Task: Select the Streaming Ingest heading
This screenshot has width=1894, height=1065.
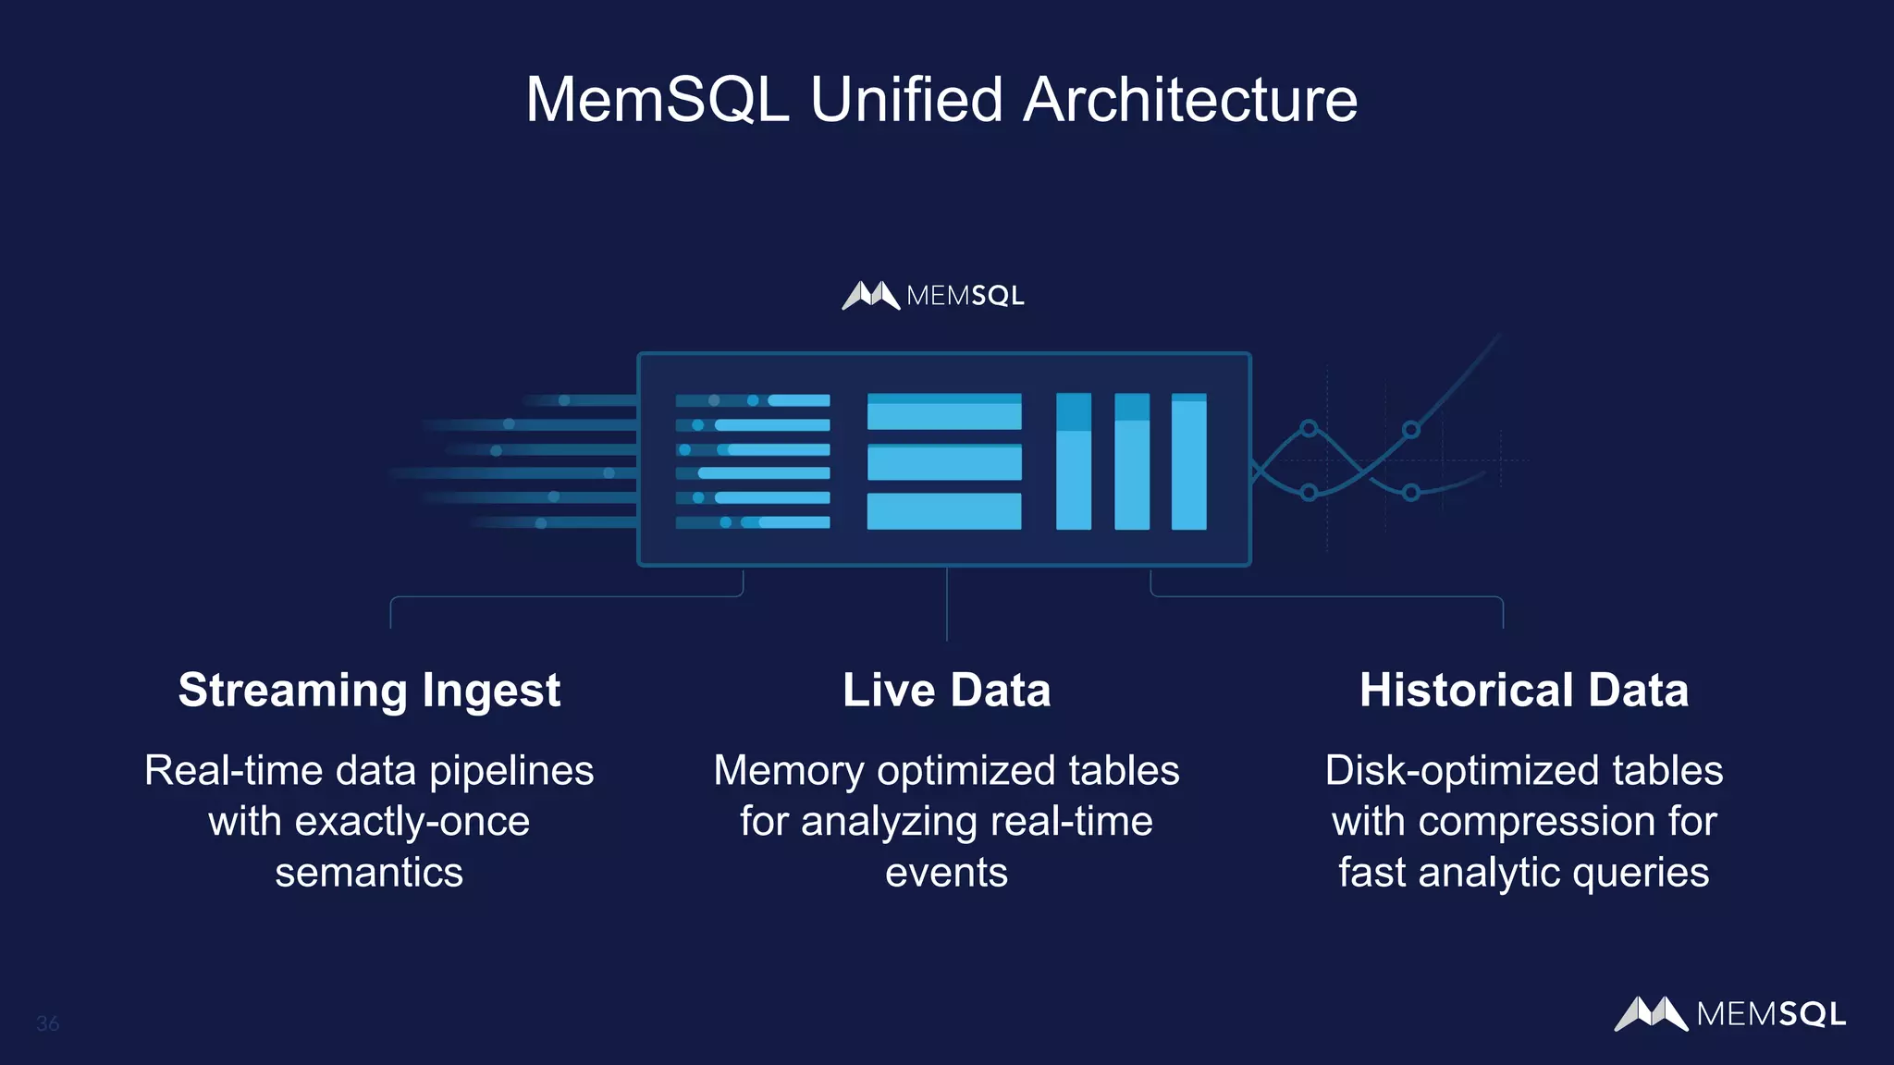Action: [369, 690]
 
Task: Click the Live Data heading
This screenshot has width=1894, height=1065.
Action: [946, 690]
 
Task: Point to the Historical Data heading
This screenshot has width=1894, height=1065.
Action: [1523, 690]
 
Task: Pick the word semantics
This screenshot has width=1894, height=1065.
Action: [369, 872]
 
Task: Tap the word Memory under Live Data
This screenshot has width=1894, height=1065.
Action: [789, 771]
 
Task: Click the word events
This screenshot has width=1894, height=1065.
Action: [946, 872]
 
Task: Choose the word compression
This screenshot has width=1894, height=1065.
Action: [1537, 821]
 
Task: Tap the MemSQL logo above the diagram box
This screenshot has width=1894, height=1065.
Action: [933, 296]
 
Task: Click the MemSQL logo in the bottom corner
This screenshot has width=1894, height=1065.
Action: [1729, 1013]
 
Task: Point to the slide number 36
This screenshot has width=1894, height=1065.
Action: [47, 1023]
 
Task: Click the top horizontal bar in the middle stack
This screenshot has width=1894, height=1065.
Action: [944, 411]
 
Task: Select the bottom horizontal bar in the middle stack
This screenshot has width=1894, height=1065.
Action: [944, 511]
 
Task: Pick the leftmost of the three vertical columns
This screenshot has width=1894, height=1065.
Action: [1074, 461]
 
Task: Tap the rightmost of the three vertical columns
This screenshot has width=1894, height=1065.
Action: [1188, 461]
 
